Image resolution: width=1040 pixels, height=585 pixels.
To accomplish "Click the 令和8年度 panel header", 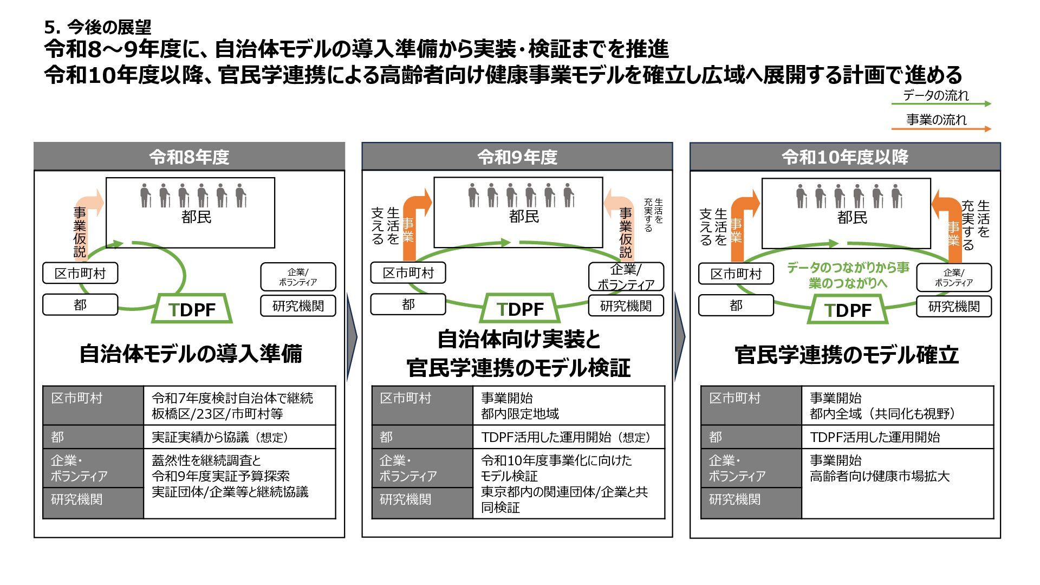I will (189, 157).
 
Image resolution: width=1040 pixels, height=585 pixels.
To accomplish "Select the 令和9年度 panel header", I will (517, 157).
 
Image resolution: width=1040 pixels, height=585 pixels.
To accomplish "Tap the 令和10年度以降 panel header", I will (844, 157).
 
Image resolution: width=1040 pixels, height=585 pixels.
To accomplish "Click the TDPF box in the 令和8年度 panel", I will (192, 309).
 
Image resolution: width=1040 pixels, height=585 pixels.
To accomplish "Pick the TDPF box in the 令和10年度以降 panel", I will (848, 310).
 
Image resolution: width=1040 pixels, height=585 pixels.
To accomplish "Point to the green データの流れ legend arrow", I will (941, 103).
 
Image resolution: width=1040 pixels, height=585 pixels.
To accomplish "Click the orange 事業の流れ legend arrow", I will (941, 129).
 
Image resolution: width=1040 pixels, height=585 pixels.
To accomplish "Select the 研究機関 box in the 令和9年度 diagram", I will (626, 306).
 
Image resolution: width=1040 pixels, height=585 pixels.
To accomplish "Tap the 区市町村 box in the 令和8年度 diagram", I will (80, 274).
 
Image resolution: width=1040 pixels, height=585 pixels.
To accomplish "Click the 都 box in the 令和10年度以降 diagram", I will (736, 305).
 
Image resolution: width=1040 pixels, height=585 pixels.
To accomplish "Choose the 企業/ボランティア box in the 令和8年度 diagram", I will (298, 277).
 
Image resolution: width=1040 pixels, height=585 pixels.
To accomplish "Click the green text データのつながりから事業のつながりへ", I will (848, 275).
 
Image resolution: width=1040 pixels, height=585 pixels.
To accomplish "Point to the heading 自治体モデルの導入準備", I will (190, 354).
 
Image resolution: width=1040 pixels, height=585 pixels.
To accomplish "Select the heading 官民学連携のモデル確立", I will (846, 355).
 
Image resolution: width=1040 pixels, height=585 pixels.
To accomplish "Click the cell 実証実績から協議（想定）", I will (220, 437).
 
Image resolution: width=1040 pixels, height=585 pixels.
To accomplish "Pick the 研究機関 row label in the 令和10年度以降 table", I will (734, 499).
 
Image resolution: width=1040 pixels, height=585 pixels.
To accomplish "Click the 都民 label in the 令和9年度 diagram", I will (524, 217).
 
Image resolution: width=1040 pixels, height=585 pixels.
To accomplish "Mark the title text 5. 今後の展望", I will (98, 27).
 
